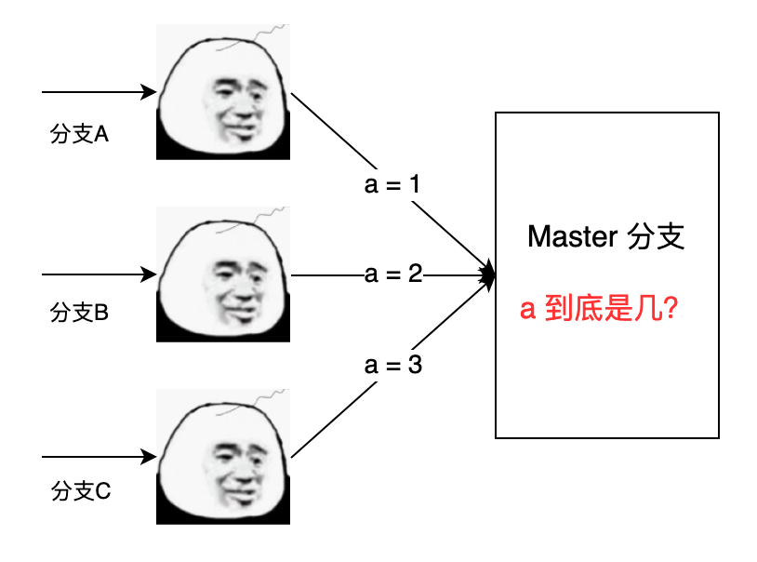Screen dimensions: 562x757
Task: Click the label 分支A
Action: [x=79, y=134]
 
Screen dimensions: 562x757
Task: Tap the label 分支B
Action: [x=79, y=313]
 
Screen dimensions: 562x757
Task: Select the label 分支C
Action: [x=80, y=490]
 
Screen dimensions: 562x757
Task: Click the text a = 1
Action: [x=392, y=184]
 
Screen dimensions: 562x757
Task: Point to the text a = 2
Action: [x=392, y=274]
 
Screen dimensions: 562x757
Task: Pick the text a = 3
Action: [x=392, y=366]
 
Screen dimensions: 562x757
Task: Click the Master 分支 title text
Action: [x=605, y=236]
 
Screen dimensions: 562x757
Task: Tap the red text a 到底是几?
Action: [x=597, y=310]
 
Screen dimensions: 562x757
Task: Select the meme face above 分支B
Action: [x=223, y=274]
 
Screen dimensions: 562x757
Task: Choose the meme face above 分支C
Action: [x=223, y=456]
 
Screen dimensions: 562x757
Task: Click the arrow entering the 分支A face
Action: [x=98, y=92]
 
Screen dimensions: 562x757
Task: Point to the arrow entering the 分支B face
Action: [x=98, y=274]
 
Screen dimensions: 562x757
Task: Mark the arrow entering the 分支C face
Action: [x=98, y=457]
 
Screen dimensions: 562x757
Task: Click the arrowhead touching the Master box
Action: [x=487, y=274]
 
